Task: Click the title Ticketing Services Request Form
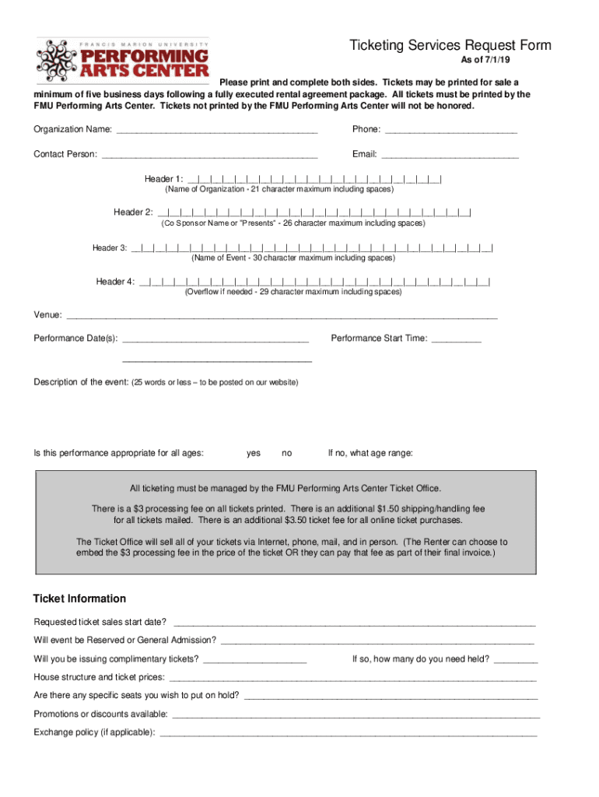coord(450,45)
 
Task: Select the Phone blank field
coord(450,131)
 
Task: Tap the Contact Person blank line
coord(209,156)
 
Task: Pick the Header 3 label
coord(110,248)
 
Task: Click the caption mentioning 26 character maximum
coord(293,223)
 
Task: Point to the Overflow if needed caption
coord(292,293)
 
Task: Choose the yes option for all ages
coord(254,453)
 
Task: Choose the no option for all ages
coord(287,453)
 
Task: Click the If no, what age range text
coord(370,453)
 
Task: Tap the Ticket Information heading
coord(79,599)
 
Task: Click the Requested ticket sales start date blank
coord(355,623)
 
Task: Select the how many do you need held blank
coord(515,660)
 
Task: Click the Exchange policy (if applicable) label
coord(94,732)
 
